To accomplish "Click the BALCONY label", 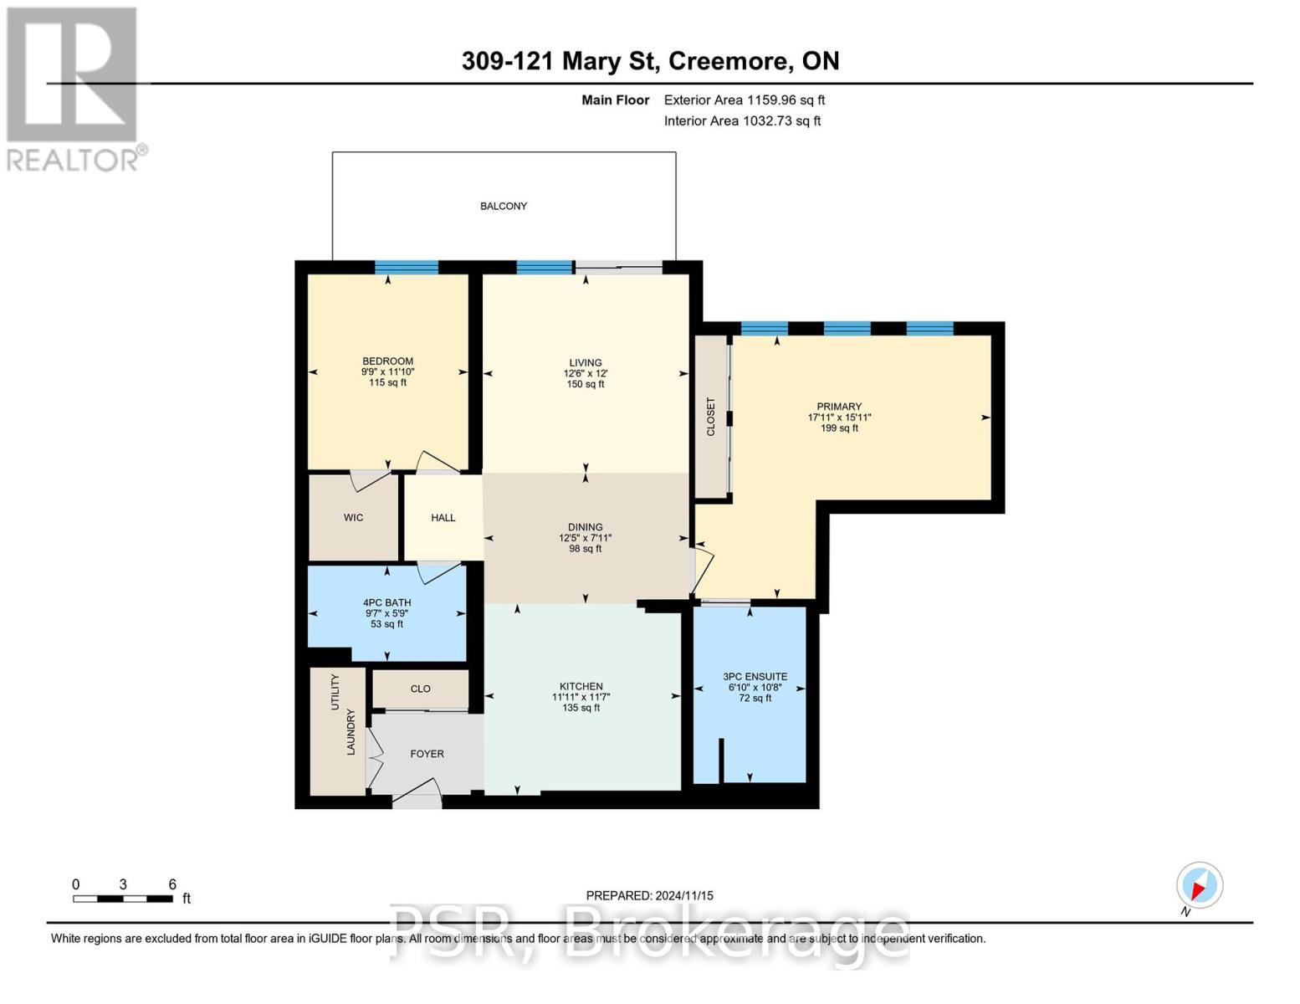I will click(503, 206).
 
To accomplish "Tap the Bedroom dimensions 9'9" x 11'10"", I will click(387, 372).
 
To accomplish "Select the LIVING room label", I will click(585, 362).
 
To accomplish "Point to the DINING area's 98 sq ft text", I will click(585, 549).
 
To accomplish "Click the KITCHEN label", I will click(581, 686).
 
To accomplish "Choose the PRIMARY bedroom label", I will click(839, 407).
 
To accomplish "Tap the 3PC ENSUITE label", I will click(755, 677).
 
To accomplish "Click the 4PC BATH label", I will click(386, 602).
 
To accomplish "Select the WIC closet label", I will click(353, 518).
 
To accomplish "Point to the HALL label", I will click(443, 518).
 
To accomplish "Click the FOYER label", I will click(427, 754).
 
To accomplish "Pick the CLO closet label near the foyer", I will click(420, 689).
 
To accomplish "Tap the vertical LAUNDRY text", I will click(351, 732).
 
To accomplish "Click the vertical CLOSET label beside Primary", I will click(711, 417).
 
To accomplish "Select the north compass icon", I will click(1200, 885).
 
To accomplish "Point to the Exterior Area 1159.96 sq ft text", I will click(744, 100).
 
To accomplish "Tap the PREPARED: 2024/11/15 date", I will click(649, 895).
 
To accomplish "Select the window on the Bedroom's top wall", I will click(407, 268).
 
